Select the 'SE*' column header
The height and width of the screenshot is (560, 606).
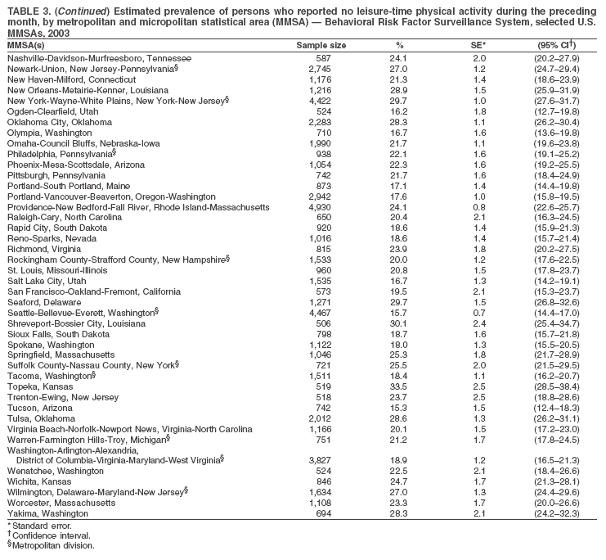pyautogui.click(x=479, y=45)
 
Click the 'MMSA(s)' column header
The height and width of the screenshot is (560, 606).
pyautogui.click(x=26, y=45)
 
